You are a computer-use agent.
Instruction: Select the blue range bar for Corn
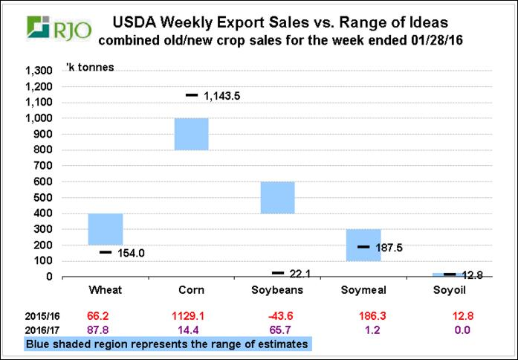coord(191,134)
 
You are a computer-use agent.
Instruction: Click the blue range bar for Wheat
coord(106,229)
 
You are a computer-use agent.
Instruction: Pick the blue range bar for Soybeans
coord(277,197)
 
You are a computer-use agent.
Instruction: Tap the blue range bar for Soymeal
coord(363,245)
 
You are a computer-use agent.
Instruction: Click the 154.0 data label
coord(132,253)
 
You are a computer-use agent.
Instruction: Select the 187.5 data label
coord(389,247)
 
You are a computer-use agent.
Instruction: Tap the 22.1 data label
coord(301,274)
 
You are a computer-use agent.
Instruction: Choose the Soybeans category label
coord(277,290)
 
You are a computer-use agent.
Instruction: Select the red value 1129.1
coord(191,316)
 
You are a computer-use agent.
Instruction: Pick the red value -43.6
coord(277,316)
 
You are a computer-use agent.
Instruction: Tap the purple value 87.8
coord(106,330)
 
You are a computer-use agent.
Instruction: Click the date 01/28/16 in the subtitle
coord(438,39)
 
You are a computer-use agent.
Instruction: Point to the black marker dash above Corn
coord(191,95)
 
